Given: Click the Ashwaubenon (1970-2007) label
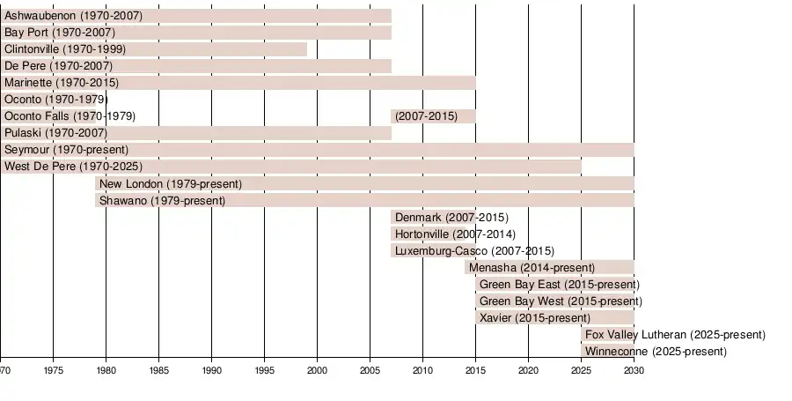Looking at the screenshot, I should [x=73, y=16].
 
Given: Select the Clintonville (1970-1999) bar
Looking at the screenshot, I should [x=154, y=49].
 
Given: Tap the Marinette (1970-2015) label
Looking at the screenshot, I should [x=61, y=83].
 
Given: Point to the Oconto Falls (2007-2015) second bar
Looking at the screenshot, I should [x=433, y=116].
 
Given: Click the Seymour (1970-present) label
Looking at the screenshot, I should [x=66, y=150].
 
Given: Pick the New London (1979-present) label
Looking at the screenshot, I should [x=171, y=183].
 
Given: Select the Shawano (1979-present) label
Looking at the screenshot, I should [x=162, y=201].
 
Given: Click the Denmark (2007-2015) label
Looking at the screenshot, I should [x=451, y=218].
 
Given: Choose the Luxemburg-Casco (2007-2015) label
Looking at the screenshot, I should [x=474, y=251].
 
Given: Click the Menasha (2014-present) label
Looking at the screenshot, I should [x=532, y=268].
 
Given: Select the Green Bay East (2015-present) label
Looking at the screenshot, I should [x=559, y=285].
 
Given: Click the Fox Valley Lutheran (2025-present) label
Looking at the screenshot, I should [x=675, y=335].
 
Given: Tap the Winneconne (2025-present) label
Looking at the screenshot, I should [x=656, y=352].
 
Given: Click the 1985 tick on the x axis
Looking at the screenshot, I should [x=158, y=370].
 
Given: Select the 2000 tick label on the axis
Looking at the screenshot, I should [x=317, y=370].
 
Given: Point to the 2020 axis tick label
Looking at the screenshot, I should [x=528, y=370].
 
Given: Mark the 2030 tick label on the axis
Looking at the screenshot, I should [x=634, y=370].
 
